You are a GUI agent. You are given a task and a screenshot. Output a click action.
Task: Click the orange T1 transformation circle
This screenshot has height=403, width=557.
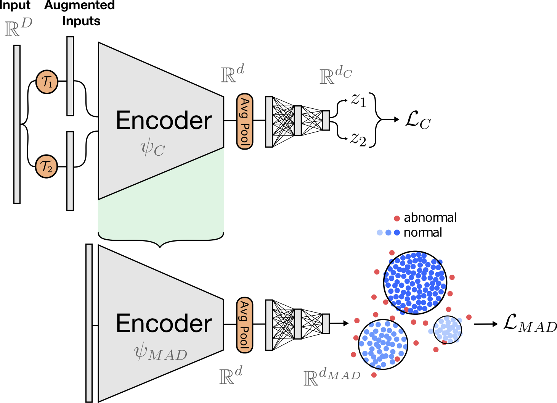coord(47,82)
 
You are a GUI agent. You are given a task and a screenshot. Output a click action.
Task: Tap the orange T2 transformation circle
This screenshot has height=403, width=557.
coord(47,166)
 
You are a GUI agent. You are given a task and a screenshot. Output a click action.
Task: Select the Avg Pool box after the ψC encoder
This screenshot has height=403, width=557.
coord(245,121)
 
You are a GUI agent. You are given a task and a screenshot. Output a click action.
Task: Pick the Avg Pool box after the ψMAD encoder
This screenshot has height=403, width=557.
coord(245,325)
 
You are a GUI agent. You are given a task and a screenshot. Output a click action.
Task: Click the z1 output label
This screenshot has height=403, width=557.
coord(358,101)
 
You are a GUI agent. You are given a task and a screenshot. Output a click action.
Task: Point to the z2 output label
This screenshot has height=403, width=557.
coord(358,140)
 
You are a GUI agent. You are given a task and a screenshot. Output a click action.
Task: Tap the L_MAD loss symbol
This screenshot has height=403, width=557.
coord(530,324)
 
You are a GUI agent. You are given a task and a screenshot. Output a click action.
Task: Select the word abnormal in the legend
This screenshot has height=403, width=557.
coord(430,218)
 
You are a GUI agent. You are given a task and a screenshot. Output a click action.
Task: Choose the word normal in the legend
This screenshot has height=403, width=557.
coord(423,232)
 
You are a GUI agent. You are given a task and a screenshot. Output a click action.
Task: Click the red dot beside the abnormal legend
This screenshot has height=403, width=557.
coord(397,218)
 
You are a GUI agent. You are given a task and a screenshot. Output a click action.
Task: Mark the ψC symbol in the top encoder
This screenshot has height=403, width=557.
coord(152,148)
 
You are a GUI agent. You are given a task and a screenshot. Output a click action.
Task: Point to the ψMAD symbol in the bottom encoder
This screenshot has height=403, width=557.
coord(161,353)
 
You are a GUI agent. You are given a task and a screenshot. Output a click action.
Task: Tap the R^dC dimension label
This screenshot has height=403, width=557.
coord(335,75)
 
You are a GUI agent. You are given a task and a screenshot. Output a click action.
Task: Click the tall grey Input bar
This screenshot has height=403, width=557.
coord(17,124)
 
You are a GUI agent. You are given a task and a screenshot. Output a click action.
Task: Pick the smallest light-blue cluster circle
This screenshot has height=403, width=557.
coord(448,330)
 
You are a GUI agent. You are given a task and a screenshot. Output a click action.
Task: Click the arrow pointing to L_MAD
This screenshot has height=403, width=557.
coord(486,324)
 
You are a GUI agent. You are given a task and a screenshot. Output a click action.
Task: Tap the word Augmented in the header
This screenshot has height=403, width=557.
coord(79,5)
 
